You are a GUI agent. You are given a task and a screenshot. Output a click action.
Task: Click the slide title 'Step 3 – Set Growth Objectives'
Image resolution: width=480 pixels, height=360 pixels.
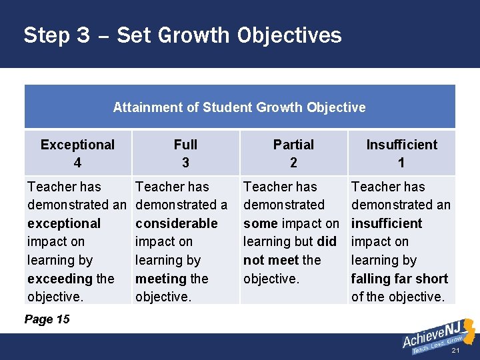click(x=182, y=35)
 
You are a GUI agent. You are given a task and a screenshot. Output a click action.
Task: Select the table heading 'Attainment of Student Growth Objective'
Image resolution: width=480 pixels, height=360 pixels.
click(x=239, y=107)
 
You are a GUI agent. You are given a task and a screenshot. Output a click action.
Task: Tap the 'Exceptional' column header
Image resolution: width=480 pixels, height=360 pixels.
click(x=77, y=145)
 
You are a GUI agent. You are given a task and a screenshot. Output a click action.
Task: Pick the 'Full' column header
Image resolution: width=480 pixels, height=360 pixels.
click(x=185, y=145)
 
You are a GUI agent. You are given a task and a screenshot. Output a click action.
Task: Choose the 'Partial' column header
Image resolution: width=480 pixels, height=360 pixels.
click(x=293, y=145)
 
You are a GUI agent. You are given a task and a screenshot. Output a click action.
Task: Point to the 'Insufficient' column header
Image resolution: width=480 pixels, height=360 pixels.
click(x=401, y=145)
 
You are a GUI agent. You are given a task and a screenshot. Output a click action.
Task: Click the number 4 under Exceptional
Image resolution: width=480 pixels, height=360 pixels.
click(x=77, y=163)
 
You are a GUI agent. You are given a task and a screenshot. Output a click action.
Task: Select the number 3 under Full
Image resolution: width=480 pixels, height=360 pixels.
click(x=185, y=163)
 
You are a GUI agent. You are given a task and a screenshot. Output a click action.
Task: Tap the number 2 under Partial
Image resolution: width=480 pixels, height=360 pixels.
click(x=293, y=163)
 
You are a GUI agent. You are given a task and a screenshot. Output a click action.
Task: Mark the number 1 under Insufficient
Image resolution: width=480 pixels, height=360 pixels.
click(x=401, y=163)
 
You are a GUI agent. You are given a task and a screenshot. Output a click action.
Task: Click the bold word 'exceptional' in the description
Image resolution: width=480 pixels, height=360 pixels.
click(x=64, y=223)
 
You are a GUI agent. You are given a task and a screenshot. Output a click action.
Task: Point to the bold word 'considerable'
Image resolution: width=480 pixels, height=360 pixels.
click(x=176, y=223)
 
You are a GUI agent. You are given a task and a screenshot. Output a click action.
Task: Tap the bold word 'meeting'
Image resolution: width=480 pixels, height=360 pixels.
click(x=161, y=279)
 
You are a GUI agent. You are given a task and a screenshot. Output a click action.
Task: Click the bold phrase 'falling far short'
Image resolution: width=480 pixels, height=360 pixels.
click(x=399, y=279)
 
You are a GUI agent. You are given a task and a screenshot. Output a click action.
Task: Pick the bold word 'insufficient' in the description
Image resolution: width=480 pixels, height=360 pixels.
click(x=387, y=223)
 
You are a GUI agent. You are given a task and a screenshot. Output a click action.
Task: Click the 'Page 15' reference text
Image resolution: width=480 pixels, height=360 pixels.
click(x=47, y=319)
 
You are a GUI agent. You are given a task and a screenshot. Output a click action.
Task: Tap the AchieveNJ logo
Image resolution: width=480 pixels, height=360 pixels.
click(x=437, y=337)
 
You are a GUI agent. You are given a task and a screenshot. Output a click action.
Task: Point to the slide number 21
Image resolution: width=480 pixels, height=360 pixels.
click(x=456, y=350)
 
